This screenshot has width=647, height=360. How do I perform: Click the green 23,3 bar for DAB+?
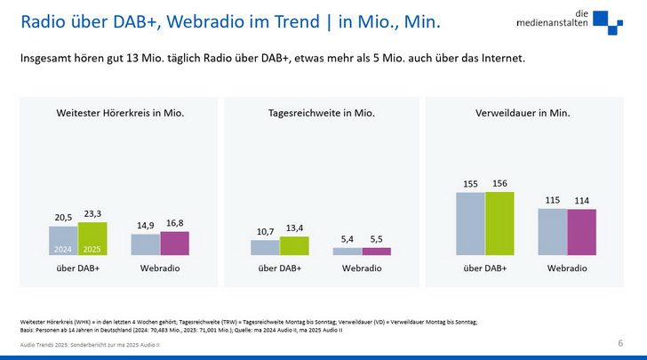[92, 238]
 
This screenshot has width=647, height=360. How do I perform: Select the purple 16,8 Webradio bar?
[174, 244]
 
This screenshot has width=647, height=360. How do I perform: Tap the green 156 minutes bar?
[499, 223]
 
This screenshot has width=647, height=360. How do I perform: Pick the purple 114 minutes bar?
[581, 232]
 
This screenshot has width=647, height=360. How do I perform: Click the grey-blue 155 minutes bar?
[471, 223]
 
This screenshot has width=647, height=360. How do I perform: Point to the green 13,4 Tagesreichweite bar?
[295, 245]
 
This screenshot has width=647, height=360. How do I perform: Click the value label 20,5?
[63, 218]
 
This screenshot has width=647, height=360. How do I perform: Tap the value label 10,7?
[265, 232]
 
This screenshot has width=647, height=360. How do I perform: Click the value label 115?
[552, 201]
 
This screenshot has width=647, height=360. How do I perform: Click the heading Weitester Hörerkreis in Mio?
[120, 114]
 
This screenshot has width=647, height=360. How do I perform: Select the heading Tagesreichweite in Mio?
[322, 114]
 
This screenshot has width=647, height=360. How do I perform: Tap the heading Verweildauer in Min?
[523, 114]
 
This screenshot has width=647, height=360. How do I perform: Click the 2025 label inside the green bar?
[92, 250]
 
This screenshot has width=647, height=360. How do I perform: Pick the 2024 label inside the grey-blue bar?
[63, 250]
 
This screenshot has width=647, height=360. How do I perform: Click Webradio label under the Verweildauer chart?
[566, 268]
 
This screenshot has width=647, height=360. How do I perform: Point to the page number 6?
[619, 342]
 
